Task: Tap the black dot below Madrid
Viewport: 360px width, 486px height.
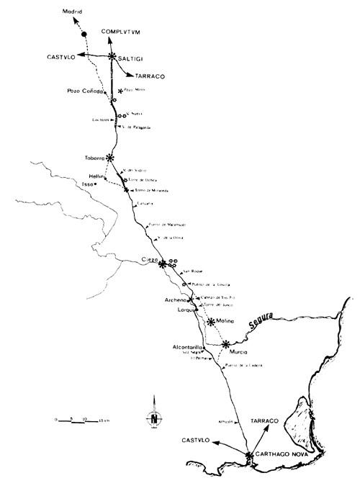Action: click(x=84, y=34)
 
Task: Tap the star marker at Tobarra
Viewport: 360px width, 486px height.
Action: click(x=110, y=157)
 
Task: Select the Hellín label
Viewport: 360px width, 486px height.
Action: click(x=97, y=176)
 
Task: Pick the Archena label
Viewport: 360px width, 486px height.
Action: click(x=176, y=300)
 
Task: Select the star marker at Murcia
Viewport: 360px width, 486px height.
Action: click(x=227, y=343)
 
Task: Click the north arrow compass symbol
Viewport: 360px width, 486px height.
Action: click(x=153, y=420)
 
